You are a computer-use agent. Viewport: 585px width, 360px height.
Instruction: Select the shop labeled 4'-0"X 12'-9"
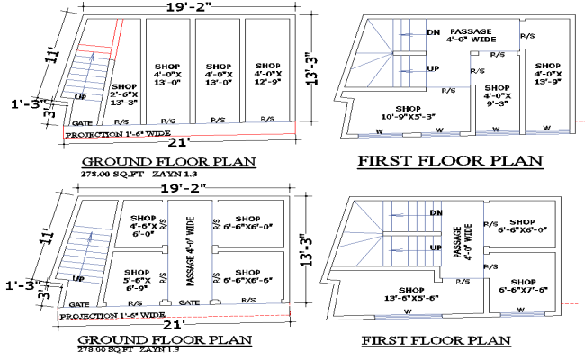[x=266, y=72]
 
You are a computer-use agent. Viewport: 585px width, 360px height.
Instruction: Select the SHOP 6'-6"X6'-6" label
[x=242, y=278]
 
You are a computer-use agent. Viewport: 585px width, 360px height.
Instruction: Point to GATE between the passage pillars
[x=190, y=303]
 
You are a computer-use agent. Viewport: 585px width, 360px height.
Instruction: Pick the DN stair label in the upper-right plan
[x=433, y=31]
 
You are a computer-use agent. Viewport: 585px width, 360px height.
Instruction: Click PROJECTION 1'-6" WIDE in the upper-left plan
[x=117, y=133]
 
